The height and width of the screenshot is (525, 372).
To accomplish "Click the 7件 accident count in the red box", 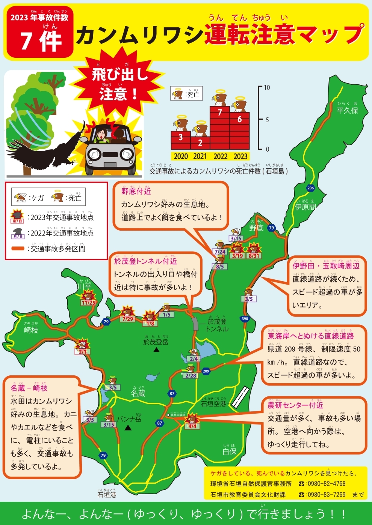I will click(x=41, y=40).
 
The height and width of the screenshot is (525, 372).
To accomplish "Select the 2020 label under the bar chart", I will click(x=181, y=156).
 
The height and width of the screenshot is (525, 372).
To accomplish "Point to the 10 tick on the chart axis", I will click(x=267, y=88).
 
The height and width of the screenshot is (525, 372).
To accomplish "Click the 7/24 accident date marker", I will click(x=220, y=252).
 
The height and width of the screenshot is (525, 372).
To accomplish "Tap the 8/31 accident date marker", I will click(x=254, y=256).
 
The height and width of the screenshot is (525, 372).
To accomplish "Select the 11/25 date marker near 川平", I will click(x=88, y=303).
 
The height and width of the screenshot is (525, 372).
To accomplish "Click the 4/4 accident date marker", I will click(x=192, y=426).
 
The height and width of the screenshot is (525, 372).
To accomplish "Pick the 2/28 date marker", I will click(x=191, y=375).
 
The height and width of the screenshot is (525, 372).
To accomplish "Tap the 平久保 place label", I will click(x=347, y=111).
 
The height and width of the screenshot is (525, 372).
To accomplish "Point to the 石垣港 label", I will click(x=107, y=495).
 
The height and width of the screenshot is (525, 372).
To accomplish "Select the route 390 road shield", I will click(x=245, y=319).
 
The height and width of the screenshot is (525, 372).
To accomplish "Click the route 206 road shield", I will click(x=310, y=188).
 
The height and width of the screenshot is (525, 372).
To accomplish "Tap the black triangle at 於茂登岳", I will click(x=156, y=349).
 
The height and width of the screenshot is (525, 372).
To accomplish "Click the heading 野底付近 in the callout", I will click(x=136, y=191).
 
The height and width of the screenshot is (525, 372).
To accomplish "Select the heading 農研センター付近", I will click(x=295, y=405).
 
